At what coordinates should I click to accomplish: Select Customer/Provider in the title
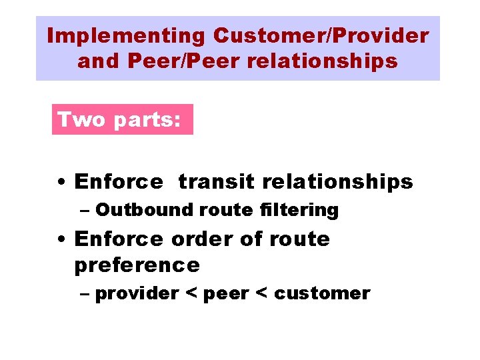(x=321, y=35)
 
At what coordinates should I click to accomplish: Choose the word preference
(x=137, y=265)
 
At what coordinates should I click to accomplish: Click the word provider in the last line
(x=137, y=293)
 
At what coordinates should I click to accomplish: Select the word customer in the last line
(x=322, y=293)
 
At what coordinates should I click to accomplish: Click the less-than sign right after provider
(x=191, y=293)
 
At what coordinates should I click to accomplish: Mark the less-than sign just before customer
(x=262, y=293)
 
